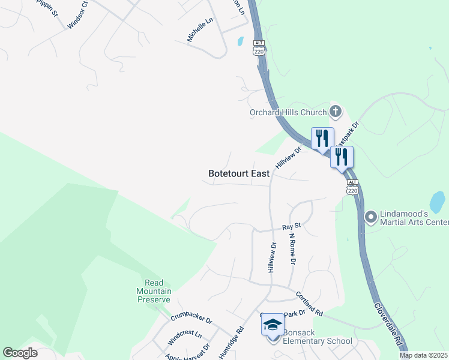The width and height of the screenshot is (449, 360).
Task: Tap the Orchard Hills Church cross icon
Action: coord(335,111)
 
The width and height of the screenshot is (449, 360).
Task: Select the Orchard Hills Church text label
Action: coord(288,112)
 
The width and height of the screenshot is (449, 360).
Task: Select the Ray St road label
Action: coord(291,227)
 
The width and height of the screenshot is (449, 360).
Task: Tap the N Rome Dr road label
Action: coord(293,249)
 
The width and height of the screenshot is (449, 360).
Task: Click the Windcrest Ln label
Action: coord(184,337)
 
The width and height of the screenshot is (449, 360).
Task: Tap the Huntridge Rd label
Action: coord(231,343)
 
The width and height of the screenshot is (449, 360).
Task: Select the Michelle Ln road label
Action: coord(200,29)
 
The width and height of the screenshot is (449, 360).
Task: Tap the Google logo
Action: coord(20,353)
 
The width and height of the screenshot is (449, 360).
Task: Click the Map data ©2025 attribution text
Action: coord(424,355)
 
